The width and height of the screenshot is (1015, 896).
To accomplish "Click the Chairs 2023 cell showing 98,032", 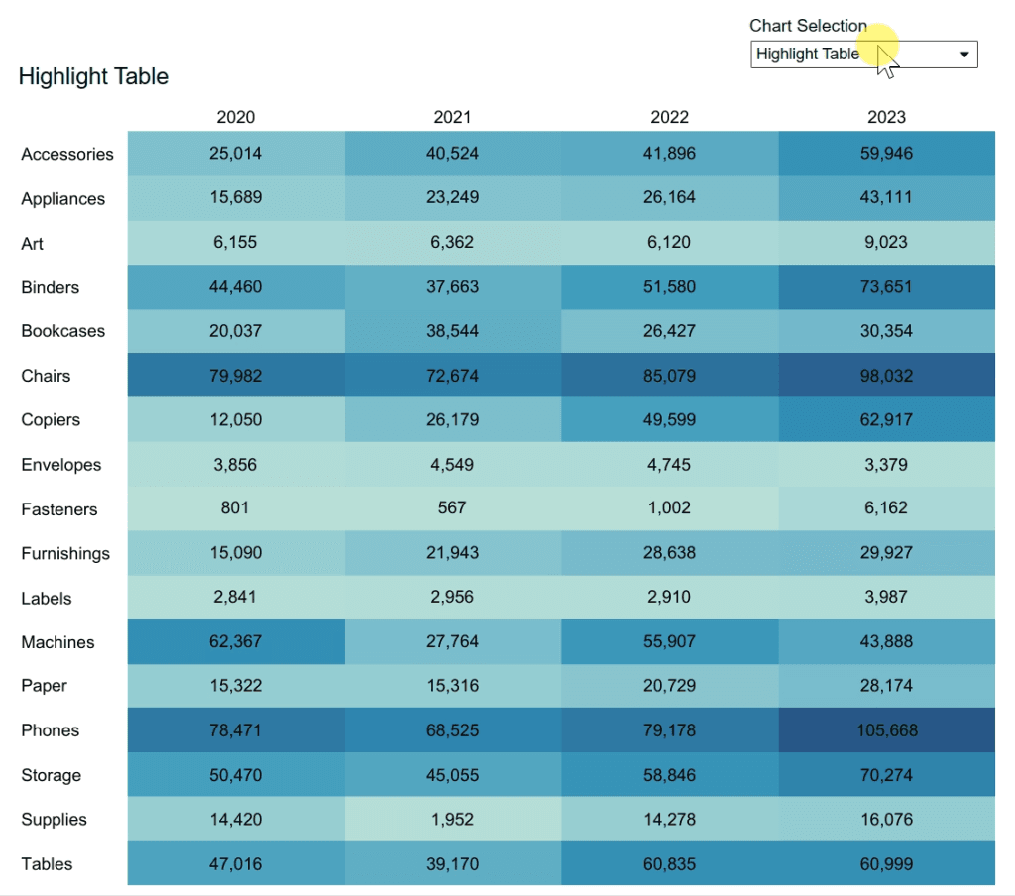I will tap(886, 376).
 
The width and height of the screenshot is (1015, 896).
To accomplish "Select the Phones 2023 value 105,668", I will tap(886, 730).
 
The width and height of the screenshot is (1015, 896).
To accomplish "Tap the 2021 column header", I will tap(452, 117).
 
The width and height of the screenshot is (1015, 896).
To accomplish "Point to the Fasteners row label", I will tap(59, 509).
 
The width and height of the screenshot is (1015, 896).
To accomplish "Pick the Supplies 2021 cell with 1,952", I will tap(452, 820).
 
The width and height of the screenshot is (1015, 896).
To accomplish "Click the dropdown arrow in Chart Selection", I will tap(964, 55).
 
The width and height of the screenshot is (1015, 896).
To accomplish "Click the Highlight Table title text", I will tap(93, 76).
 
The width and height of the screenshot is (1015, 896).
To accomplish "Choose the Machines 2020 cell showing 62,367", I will tap(236, 641).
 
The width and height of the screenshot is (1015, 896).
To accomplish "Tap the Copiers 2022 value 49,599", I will tap(669, 420).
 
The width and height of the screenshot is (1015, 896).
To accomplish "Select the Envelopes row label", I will tap(60, 465).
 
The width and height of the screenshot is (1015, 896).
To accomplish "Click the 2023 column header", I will tap(886, 117).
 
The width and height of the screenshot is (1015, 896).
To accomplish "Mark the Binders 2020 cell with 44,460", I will tap(236, 287).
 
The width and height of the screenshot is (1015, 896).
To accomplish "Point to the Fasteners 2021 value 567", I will tap(452, 508).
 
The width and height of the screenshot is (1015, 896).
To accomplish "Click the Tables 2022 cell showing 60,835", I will tap(669, 864).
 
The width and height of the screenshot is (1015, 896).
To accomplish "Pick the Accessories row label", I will tap(67, 154).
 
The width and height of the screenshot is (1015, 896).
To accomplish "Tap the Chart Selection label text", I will tap(808, 26).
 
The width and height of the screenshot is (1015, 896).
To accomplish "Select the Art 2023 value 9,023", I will tap(886, 243).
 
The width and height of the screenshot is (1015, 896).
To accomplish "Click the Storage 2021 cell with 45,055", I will tap(452, 775).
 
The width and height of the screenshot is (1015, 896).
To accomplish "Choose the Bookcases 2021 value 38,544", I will tap(452, 331).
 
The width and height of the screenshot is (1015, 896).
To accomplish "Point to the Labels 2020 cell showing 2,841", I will tap(236, 598).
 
